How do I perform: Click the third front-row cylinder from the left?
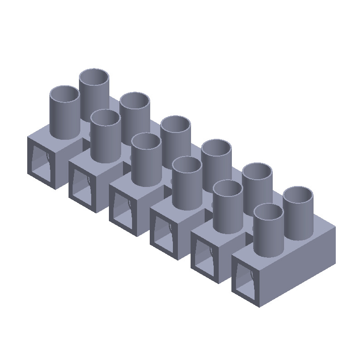[146, 161]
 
